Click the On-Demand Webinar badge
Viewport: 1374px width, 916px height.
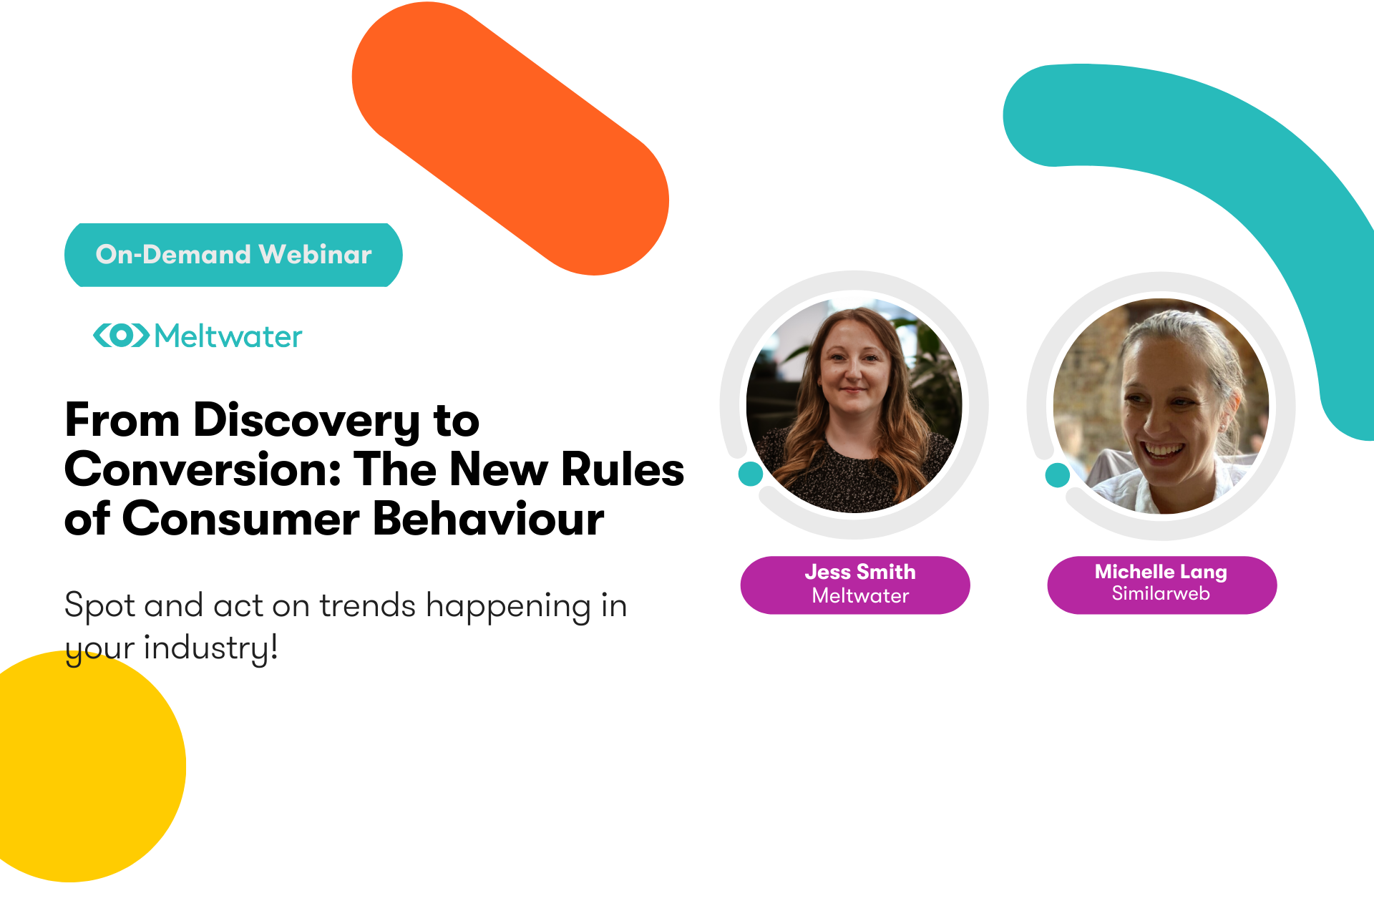click(233, 255)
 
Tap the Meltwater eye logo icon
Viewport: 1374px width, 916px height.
click(121, 335)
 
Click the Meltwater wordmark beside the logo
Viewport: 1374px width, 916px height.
click(228, 336)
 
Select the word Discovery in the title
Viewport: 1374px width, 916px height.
click(306, 421)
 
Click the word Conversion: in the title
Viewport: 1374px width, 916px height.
click(203, 470)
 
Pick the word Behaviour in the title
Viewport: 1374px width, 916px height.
click(488, 520)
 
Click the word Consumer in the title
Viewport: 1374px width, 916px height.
click(240, 520)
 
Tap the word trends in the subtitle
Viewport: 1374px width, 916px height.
click(367, 606)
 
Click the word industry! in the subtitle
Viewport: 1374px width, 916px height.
click(210, 648)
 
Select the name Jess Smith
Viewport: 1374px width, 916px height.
click(859, 572)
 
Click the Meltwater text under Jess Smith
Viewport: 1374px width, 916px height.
click(859, 595)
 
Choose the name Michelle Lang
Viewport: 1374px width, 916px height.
click(1160, 572)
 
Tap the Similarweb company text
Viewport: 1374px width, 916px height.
click(1160, 593)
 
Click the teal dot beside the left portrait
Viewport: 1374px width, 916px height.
click(750, 474)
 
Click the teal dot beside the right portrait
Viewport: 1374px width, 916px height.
click(1057, 474)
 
